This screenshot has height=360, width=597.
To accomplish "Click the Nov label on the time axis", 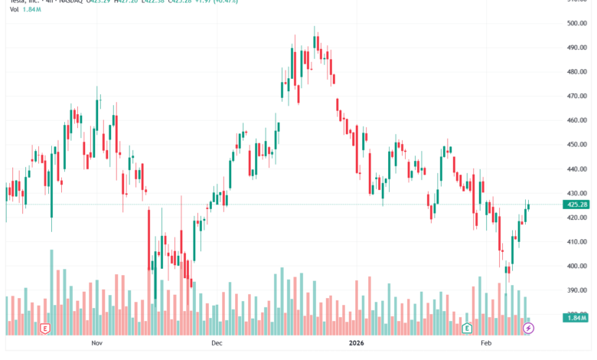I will (x=96, y=344).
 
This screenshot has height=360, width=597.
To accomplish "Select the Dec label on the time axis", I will (x=216, y=344).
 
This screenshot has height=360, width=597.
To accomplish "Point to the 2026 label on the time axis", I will (x=355, y=344).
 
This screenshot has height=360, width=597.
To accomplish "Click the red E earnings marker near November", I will (x=47, y=329).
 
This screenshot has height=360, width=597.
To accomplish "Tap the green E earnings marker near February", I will (x=467, y=329).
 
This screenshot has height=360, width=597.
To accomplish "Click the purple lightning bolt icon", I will (x=528, y=329).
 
